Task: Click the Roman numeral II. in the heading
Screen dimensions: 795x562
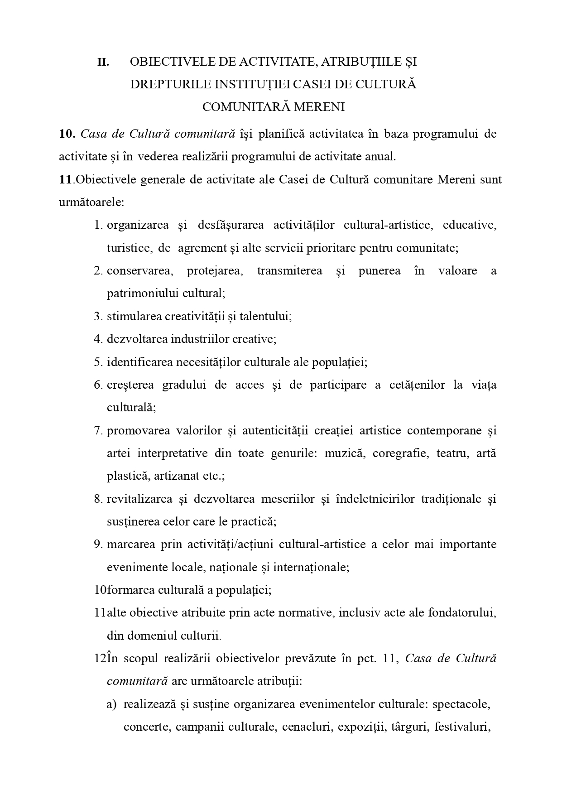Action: (103, 63)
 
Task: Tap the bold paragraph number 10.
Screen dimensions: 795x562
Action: (67, 134)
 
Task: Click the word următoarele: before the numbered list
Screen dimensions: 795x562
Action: (91, 202)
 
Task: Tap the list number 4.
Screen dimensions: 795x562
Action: (98, 339)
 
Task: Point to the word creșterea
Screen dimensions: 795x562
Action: (130, 385)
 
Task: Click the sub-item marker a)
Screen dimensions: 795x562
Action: (111, 705)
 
